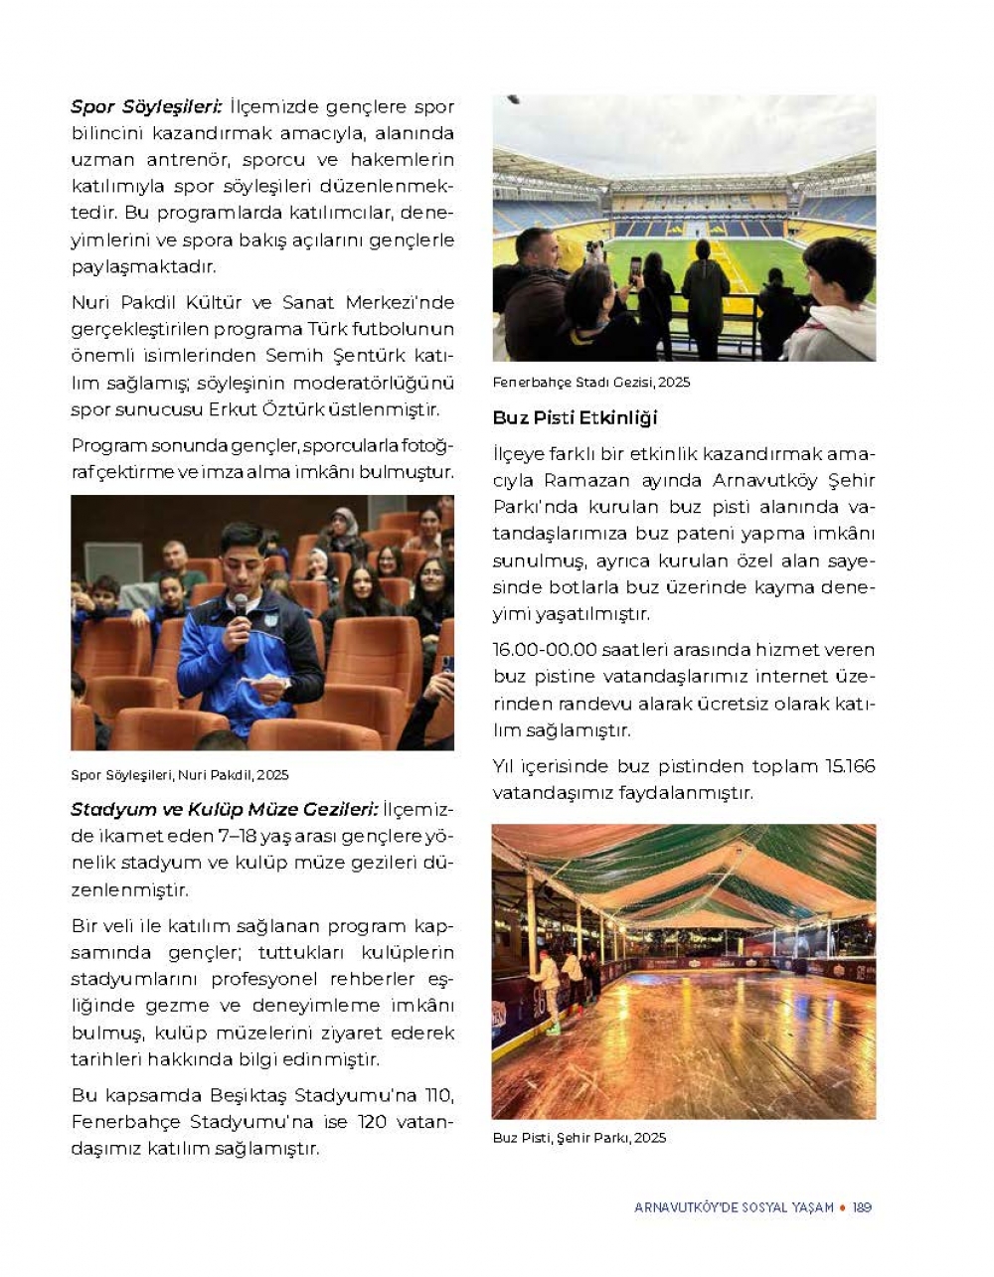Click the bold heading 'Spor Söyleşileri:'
point(147,106)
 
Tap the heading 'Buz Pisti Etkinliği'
point(576,418)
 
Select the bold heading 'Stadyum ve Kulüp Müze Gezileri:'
point(225,810)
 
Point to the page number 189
point(862,1207)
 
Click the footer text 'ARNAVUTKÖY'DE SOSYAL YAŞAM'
point(734,1207)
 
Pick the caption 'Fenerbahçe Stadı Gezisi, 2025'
point(591,383)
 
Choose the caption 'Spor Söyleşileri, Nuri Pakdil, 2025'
point(180,775)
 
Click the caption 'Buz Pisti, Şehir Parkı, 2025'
point(580,1138)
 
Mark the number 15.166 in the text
point(850,766)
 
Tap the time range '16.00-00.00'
point(545,650)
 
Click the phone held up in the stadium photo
point(635,269)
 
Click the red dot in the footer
point(843,1207)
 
